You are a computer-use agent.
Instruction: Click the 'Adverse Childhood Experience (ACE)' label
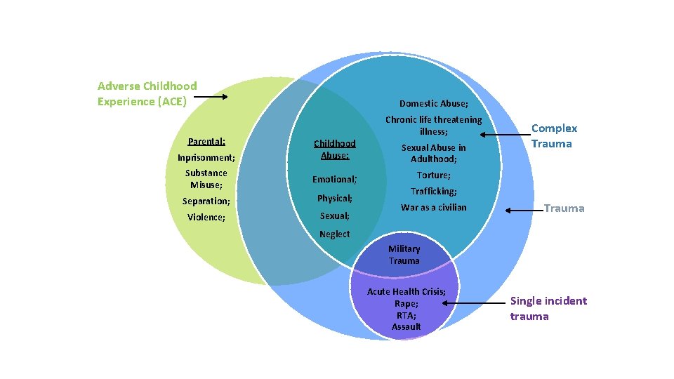[x=147, y=93]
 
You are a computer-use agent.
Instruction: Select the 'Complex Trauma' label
[x=554, y=135]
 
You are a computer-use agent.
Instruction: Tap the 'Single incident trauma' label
[x=548, y=308]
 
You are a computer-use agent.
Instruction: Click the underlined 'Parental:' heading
[x=206, y=141]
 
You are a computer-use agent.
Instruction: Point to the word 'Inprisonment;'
[x=206, y=157]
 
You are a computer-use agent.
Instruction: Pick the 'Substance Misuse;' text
[x=206, y=178]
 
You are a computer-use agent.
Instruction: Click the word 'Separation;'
[x=206, y=201]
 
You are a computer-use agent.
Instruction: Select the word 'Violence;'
[x=206, y=217]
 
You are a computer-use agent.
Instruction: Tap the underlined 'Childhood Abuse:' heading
[x=334, y=149]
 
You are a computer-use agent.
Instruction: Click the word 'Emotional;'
[x=334, y=179]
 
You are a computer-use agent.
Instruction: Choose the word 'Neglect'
[x=334, y=234]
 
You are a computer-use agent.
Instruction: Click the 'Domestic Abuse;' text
[x=433, y=103]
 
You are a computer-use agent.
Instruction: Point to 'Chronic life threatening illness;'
[x=433, y=125]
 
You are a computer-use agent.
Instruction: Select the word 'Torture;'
[x=433, y=175]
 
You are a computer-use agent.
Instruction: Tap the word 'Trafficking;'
[x=433, y=191]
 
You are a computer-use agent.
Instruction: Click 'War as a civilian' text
[x=433, y=207]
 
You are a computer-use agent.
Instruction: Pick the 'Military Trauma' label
[x=404, y=254]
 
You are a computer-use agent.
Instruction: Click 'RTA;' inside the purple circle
[x=406, y=315]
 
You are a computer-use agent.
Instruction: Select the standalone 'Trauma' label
[x=564, y=208]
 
